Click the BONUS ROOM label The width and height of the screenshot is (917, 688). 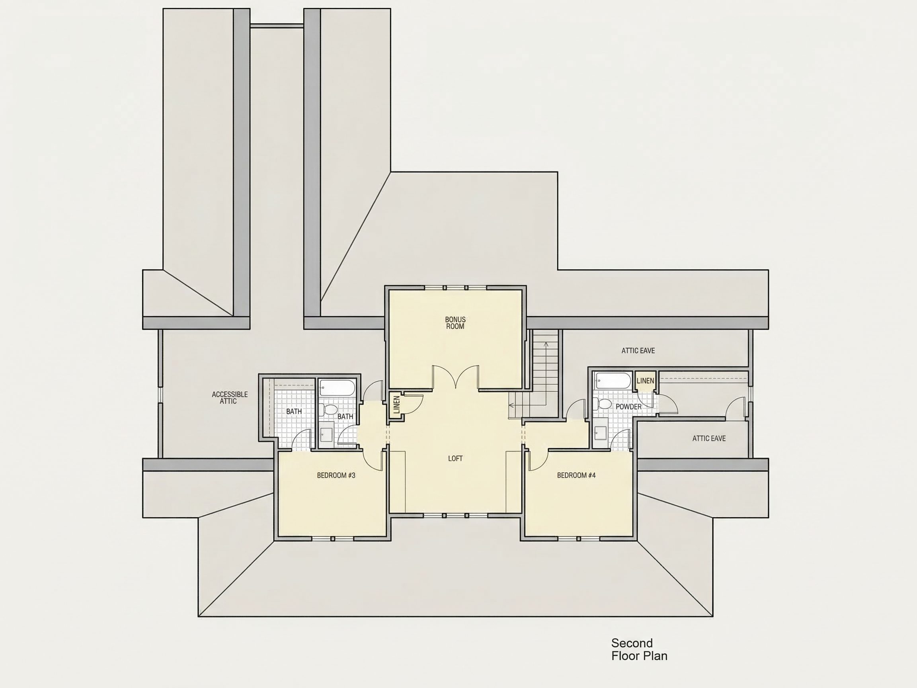455,323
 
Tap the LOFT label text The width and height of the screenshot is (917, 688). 455,458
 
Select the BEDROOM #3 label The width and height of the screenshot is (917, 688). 336,475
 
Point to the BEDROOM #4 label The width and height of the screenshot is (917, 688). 576,475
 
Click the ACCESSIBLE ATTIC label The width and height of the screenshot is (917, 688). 230,398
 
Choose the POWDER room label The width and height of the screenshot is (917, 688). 628,407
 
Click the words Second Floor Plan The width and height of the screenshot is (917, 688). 639,649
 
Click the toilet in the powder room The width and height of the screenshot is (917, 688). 602,403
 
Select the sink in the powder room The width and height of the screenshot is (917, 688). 600,433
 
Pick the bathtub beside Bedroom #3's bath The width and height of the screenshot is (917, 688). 338,387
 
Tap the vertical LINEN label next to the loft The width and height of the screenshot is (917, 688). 396,405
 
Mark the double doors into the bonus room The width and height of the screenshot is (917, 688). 456,377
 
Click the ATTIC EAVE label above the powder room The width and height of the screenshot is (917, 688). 638,351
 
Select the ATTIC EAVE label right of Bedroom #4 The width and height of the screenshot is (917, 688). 709,438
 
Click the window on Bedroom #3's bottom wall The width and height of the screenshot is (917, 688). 332,539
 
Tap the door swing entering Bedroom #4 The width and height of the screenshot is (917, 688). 538,461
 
